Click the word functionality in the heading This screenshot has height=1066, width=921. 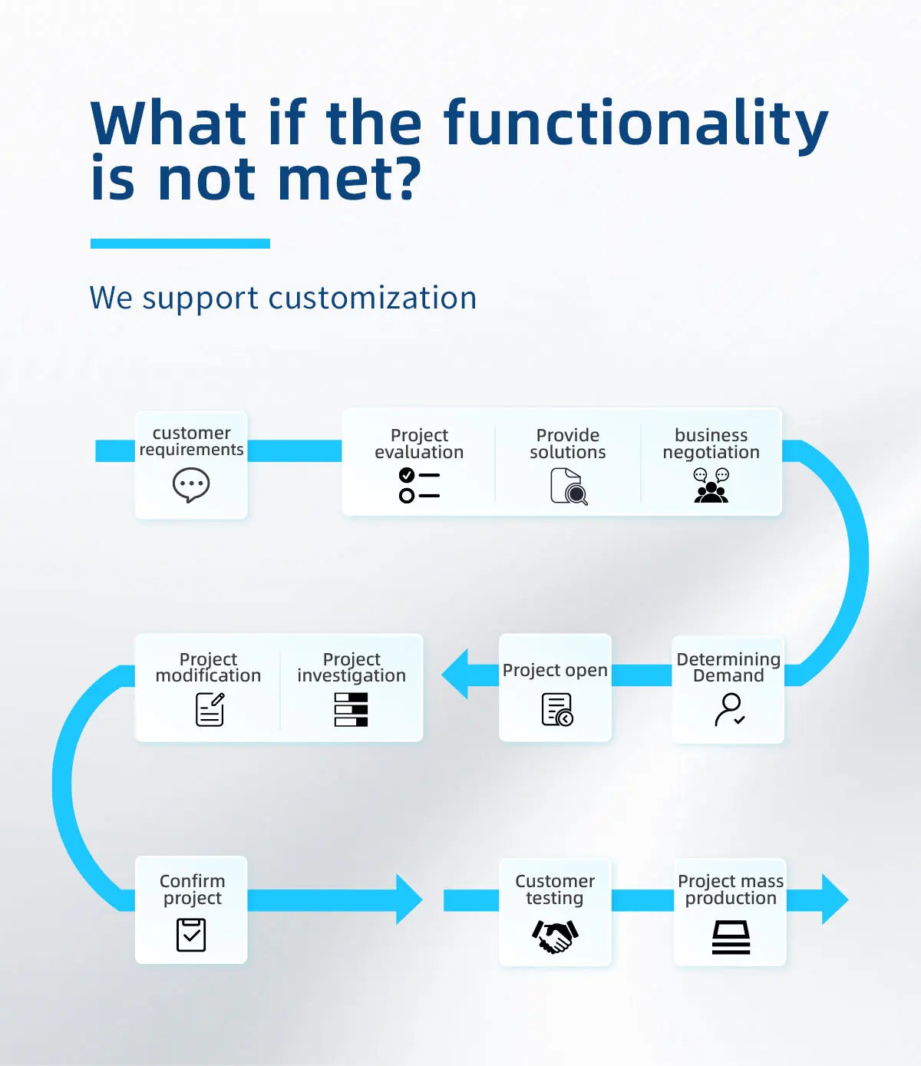point(635,124)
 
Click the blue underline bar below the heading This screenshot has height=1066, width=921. point(180,243)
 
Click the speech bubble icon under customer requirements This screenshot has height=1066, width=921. point(191,485)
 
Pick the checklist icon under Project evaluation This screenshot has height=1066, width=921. point(419,485)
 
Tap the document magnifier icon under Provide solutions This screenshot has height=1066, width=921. point(569,487)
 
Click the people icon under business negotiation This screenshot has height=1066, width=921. point(711,485)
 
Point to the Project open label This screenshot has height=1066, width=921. point(555,670)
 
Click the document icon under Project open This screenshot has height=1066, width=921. point(557,710)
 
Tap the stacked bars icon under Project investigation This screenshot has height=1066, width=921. point(352,710)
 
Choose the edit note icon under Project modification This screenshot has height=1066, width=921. point(210,710)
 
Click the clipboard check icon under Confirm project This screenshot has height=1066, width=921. point(191,935)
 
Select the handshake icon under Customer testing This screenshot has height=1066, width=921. point(555,936)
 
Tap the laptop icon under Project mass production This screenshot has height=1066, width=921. point(731,937)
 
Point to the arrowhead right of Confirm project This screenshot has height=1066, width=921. point(409,899)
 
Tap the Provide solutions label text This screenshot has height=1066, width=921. point(568,444)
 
